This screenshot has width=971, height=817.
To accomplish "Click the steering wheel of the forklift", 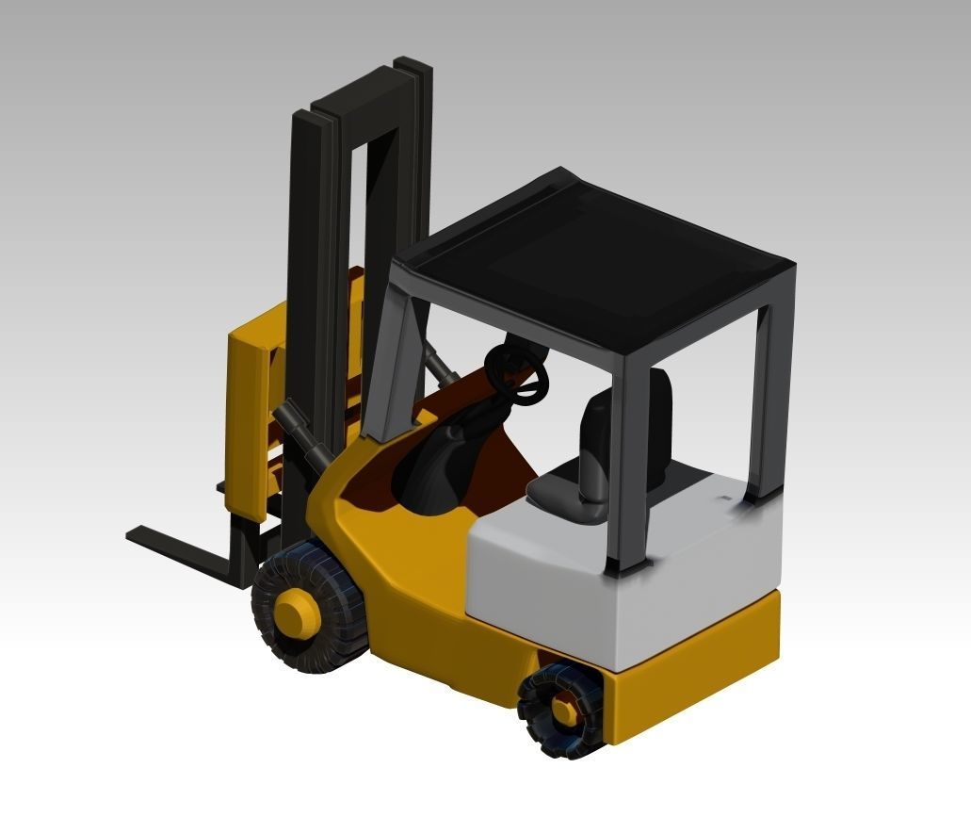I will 517,373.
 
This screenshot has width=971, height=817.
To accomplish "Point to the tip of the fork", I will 137,534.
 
